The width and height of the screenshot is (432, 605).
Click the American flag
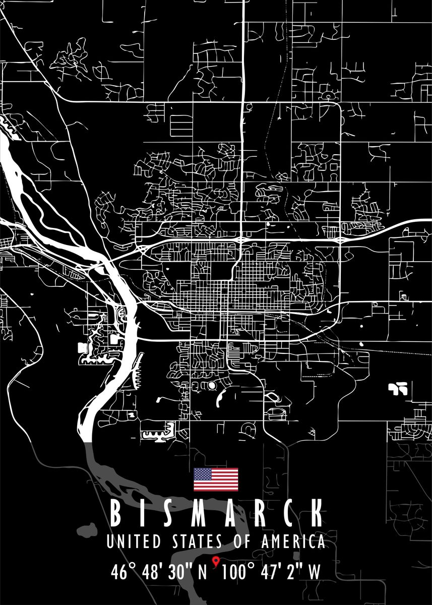point(216,479)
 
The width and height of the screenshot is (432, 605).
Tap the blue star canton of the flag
point(203,473)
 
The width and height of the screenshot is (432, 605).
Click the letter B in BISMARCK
point(115,514)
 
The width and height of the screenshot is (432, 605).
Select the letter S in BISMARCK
point(167,514)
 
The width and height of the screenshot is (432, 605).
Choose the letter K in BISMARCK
point(316,514)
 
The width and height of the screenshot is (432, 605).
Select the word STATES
point(197,542)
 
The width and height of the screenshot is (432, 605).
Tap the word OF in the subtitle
point(241,542)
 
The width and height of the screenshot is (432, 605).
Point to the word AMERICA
point(292,542)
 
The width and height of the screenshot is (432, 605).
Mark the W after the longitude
point(314,573)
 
